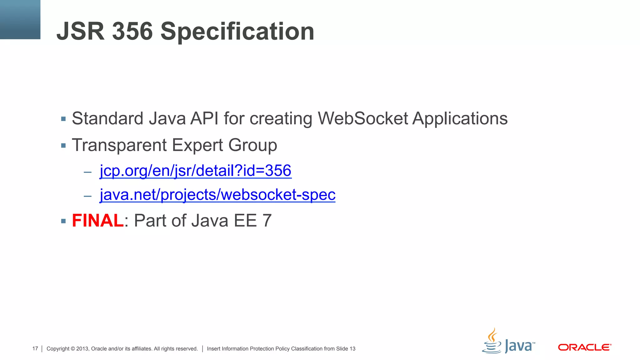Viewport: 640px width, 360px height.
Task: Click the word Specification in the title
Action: click(x=237, y=32)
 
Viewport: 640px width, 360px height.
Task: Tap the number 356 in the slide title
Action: click(x=132, y=32)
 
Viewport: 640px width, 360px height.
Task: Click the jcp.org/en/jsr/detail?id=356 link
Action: click(x=196, y=171)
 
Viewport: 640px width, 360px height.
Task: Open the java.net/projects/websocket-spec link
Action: click(x=217, y=195)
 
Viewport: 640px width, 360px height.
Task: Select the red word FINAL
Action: click(x=98, y=221)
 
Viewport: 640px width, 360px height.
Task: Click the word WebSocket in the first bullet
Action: click(x=363, y=118)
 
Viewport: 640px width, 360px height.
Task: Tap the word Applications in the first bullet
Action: click(x=460, y=119)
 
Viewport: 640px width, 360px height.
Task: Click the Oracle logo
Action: click(x=584, y=347)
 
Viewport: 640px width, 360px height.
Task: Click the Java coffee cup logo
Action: click(x=492, y=341)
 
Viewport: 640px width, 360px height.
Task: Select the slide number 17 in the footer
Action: click(x=35, y=348)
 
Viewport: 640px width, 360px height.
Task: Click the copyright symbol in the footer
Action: click(x=73, y=349)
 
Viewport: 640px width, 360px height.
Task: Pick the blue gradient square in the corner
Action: click(x=20, y=19)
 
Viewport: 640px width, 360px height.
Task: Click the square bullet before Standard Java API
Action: click(x=63, y=119)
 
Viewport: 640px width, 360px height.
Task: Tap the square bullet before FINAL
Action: click(x=63, y=221)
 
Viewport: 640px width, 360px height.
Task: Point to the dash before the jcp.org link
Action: click(x=87, y=172)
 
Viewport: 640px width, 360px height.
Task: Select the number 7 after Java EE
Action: click(x=267, y=221)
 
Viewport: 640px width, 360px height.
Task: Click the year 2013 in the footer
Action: click(x=82, y=348)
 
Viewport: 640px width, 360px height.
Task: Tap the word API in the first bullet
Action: click(x=204, y=118)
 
